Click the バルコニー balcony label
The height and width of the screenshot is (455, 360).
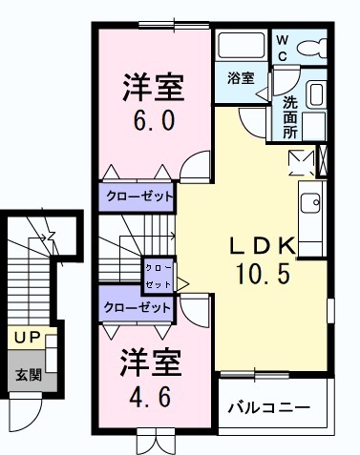point(268,407)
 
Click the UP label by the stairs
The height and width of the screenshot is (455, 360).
point(26,339)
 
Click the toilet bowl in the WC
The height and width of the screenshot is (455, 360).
point(312,47)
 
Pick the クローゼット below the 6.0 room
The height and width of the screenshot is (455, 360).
point(138,196)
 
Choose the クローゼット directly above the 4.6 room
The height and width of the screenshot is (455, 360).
point(137,307)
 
